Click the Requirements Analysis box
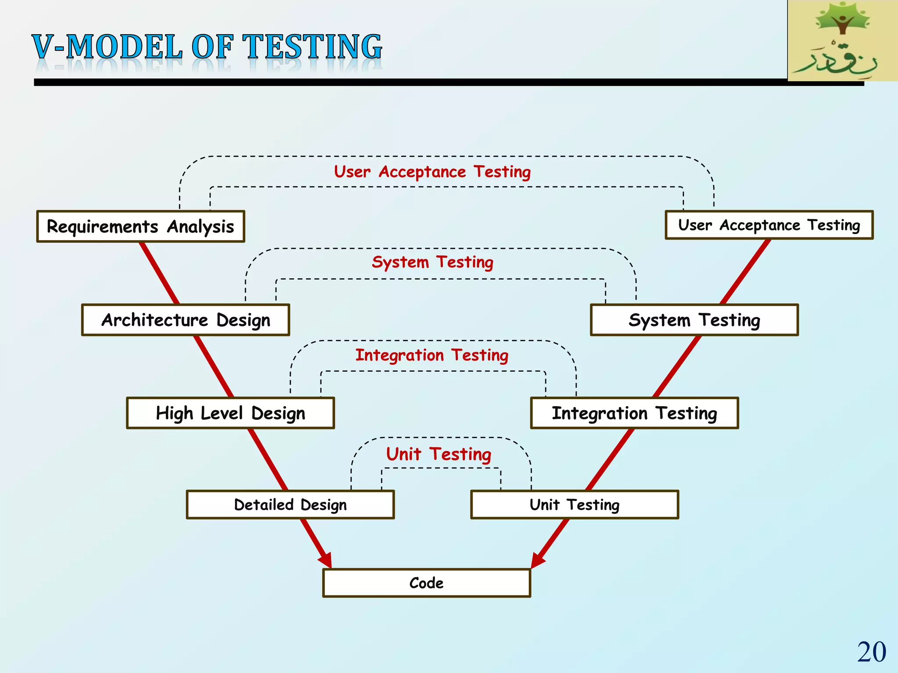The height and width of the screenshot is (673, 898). [141, 227]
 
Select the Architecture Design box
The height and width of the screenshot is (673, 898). [185, 320]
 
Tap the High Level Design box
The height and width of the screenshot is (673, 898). [230, 413]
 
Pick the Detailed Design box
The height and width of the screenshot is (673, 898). [290, 505]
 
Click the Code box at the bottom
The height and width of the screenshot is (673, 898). [427, 583]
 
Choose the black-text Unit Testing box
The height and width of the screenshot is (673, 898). [574, 505]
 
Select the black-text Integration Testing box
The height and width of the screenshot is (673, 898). [634, 413]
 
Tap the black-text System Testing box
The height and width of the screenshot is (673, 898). [694, 320]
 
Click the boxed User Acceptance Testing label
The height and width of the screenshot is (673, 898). [769, 225]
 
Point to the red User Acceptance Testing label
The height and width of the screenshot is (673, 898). [432, 172]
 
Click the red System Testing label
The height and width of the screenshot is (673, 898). [432, 262]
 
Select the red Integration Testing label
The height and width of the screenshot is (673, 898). [432, 355]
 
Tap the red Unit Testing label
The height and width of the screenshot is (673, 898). [438, 454]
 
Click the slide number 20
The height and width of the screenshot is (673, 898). [871, 652]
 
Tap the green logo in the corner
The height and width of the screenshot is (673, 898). [842, 40]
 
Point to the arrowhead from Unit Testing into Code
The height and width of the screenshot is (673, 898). [538, 561]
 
